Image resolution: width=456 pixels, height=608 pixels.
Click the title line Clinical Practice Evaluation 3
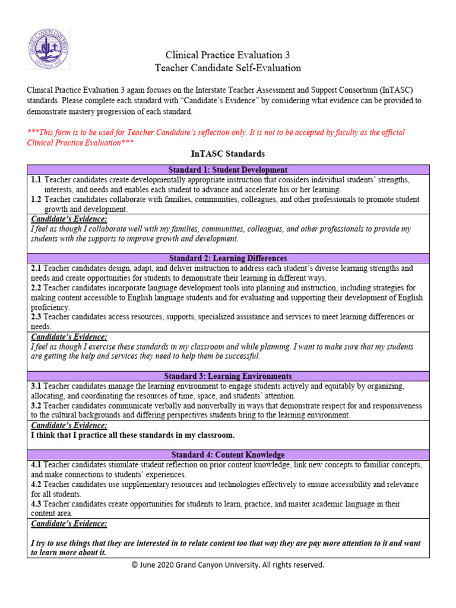tap(227, 55)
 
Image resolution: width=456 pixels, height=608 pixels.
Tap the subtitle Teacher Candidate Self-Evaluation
tap(227, 68)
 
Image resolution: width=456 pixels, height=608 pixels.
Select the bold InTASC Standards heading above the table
tap(227, 154)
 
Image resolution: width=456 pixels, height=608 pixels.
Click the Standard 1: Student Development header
tap(228, 170)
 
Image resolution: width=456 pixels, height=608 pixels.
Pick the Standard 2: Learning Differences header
tap(228, 258)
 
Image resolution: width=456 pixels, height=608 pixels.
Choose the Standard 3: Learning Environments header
tap(228, 376)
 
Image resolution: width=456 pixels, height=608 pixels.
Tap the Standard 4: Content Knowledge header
tap(228, 454)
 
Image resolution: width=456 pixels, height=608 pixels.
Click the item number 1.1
tap(36, 179)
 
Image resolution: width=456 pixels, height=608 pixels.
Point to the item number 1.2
tap(36, 199)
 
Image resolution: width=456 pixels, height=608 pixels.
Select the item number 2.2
tap(36, 287)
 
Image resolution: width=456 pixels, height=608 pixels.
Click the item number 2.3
tap(36, 317)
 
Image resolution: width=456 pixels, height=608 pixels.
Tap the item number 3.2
tap(36, 406)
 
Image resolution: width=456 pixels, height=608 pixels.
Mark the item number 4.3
tap(36, 503)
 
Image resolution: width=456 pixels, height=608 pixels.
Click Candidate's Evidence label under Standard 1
tap(69, 219)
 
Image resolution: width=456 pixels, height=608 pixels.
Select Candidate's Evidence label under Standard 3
tap(69, 425)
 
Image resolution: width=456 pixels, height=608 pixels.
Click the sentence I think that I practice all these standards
tap(132, 435)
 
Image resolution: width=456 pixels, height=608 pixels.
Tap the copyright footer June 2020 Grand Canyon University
tap(228, 565)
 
